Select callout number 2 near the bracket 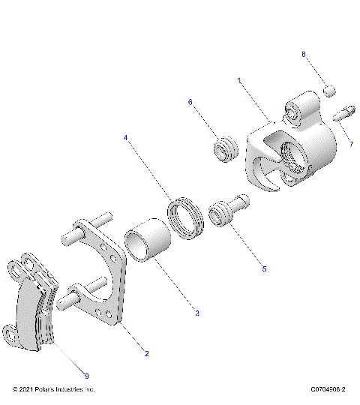pyautogui.click(x=147, y=352)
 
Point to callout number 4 pyautogui.click(x=126, y=138)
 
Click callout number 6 pyautogui.click(x=190, y=102)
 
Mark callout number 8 pyautogui.click(x=304, y=54)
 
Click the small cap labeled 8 pyautogui.click(x=328, y=91)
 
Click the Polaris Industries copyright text pyautogui.click(x=55, y=390)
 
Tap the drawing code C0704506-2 pyautogui.click(x=322, y=390)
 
